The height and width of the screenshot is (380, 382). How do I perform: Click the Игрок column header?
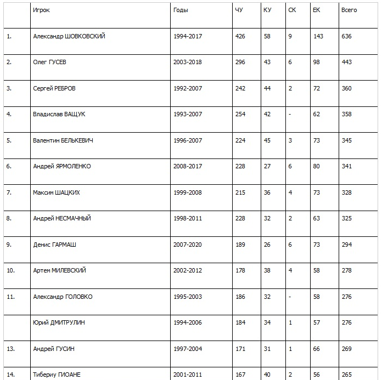coord(41,10)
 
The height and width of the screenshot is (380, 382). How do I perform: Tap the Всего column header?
coord(349,10)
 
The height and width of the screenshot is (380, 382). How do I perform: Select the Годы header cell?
coord(180,10)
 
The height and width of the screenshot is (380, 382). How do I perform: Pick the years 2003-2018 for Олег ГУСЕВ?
coord(187,62)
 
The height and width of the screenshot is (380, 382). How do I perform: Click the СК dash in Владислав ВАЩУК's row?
coord(289,114)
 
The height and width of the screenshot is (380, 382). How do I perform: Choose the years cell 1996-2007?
coord(187,140)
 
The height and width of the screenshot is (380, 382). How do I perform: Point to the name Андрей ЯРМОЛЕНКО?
coord(62,166)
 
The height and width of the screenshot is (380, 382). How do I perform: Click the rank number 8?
coord(8,218)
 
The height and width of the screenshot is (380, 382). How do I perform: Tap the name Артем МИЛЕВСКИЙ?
coord(59,270)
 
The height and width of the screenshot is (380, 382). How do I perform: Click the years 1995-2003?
coord(187,297)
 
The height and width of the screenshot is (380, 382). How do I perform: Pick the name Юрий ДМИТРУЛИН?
coord(59,322)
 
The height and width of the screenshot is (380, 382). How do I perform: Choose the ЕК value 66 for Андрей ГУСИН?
coord(316,349)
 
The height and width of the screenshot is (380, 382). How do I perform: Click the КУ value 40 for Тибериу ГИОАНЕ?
coord(267,375)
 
